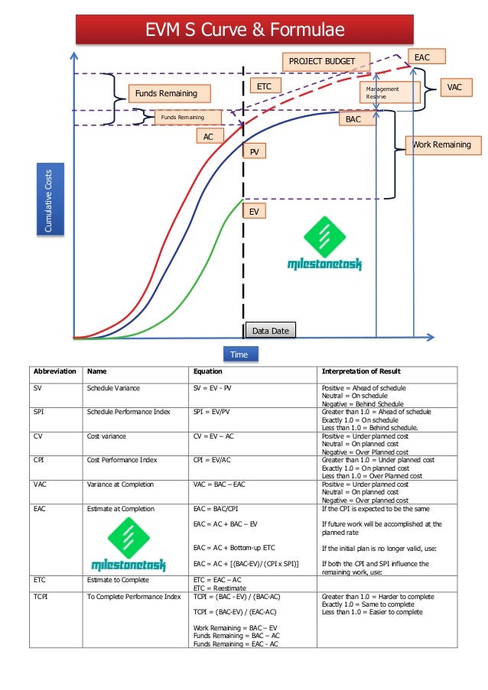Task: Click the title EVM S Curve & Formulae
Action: (x=244, y=30)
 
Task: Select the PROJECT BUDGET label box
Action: (x=327, y=61)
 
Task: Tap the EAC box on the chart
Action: (x=421, y=57)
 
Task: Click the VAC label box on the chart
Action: (x=455, y=88)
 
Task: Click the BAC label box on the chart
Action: (x=353, y=120)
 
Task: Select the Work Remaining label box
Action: (x=443, y=144)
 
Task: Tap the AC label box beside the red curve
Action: (x=208, y=136)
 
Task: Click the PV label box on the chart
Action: (x=254, y=153)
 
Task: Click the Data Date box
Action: (x=269, y=330)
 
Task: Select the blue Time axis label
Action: (x=240, y=354)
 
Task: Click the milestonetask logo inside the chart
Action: (x=324, y=245)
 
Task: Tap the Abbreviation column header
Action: (x=54, y=372)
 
